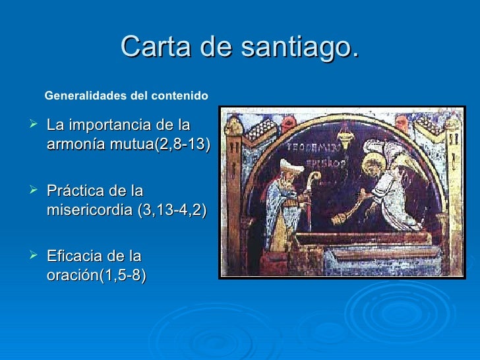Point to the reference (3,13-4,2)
click(174, 210)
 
